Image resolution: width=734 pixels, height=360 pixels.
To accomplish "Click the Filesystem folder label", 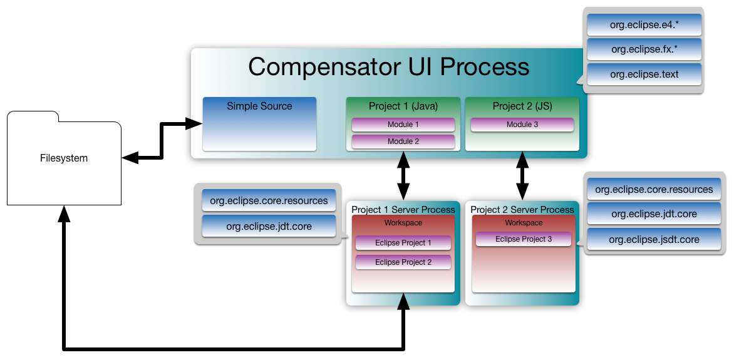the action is [x=64, y=158].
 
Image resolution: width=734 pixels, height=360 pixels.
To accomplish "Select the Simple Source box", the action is [x=259, y=124].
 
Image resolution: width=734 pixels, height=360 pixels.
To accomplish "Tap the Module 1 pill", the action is [x=403, y=125].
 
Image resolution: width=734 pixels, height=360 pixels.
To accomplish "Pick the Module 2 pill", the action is [x=403, y=141].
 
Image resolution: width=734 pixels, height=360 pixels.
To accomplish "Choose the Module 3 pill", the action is [x=522, y=125].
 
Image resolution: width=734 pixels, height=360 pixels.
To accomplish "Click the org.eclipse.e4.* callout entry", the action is [x=644, y=25].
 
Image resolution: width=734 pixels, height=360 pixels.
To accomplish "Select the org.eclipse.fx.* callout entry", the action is [x=644, y=49].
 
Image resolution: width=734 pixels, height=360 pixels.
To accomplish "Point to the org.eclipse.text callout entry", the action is [x=644, y=74].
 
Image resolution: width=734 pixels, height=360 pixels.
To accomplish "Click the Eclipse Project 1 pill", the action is [x=403, y=243].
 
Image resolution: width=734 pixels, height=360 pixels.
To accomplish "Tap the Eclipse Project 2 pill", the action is [x=403, y=262].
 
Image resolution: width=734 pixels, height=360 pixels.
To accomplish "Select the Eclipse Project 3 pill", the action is [x=524, y=239].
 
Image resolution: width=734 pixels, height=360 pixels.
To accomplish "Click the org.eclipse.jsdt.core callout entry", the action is [x=654, y=239].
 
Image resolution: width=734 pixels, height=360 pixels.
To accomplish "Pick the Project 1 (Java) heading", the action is [x=403, y=106].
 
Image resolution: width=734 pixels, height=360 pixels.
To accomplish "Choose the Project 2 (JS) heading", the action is [x=522, y=106].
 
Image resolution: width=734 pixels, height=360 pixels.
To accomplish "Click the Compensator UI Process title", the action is [x=388, y=66].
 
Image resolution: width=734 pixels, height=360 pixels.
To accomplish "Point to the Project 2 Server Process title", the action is [x=522, y=209].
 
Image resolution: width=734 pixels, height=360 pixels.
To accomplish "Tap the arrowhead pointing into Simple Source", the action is [x=194, y=123].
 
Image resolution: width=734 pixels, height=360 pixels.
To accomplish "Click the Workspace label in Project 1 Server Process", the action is [x=403, y=223].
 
